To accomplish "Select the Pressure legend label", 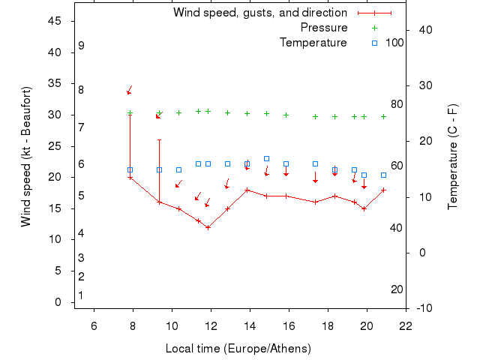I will click(324, 28).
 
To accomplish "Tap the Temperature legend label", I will click(313, 43).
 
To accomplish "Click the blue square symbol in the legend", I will click(374, 43).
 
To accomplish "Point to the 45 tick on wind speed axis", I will click(55, 21).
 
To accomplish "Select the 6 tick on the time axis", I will click(94, 325).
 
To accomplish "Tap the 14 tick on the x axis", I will click(250, 325).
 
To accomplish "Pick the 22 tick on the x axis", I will click(406, 325).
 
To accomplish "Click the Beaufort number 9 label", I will click(81, 46).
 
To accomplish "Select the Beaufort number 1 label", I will click(81, 295).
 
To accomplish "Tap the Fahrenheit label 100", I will click(394, 43).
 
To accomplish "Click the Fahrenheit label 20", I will click(397, 289).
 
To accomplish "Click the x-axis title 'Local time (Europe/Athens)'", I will click(238, 349).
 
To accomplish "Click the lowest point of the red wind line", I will click(208, 226).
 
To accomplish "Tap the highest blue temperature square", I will click(266, 159).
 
